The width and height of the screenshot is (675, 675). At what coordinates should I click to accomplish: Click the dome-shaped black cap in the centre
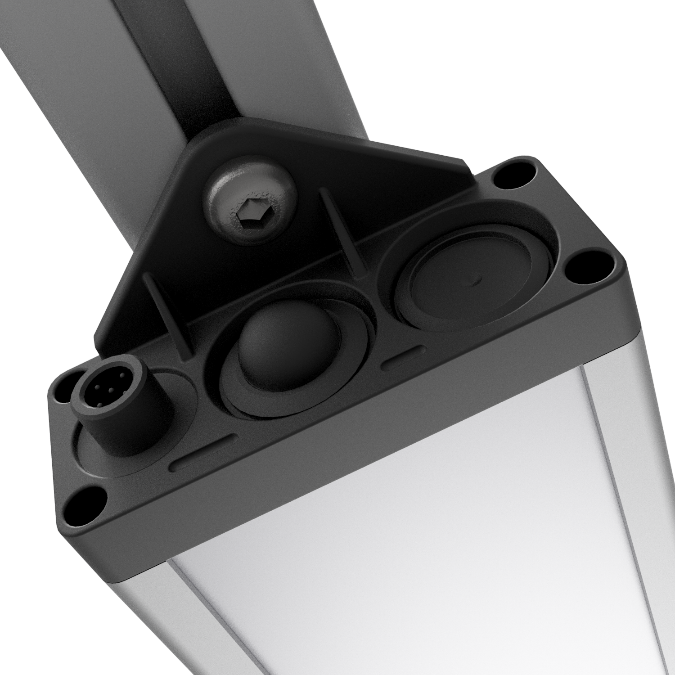point(288,346)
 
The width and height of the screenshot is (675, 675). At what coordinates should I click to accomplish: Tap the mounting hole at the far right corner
point(588,269)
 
